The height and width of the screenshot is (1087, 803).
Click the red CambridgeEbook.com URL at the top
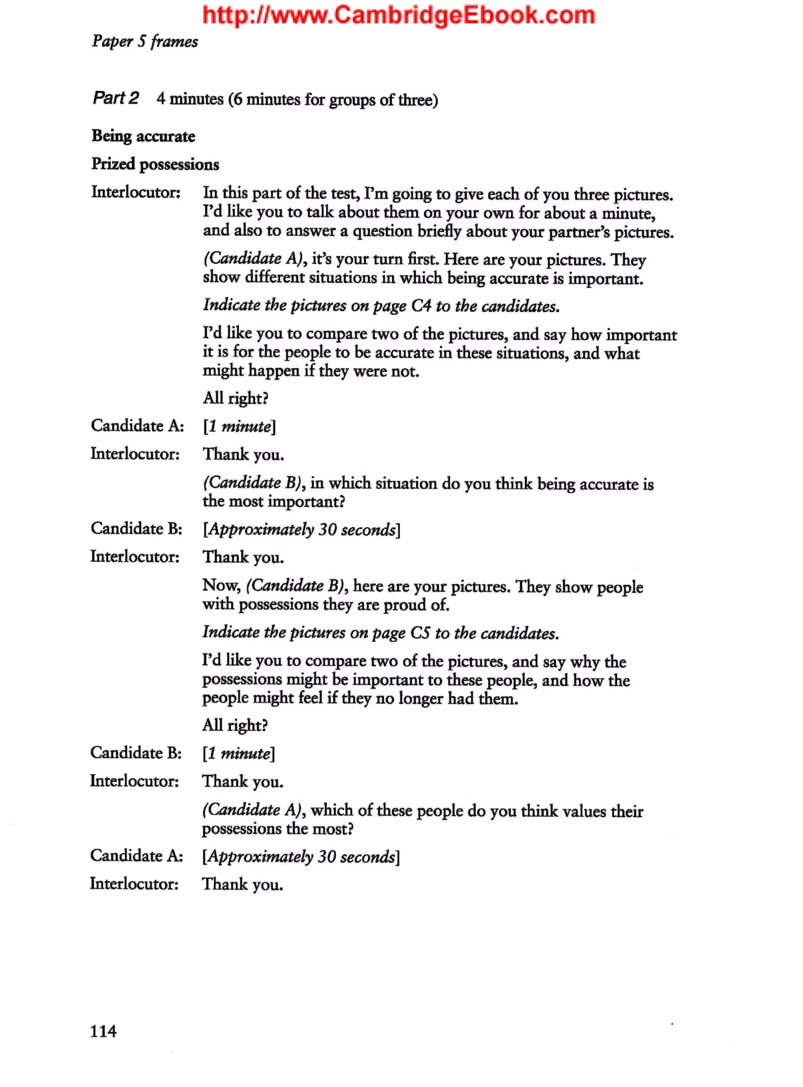tap(399, 16)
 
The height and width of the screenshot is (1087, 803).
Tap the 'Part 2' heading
tap(116, 98)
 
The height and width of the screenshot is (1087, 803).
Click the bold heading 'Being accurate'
tap(144, 136)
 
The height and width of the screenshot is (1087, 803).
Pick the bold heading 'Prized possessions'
tap(155, 164)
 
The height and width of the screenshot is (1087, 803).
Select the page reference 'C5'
tap(420, 633)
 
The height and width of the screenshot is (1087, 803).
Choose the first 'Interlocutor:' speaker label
tap(136, 193)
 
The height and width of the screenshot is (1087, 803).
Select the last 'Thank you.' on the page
tap(243, 884)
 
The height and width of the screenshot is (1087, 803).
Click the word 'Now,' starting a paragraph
tap(221, 585)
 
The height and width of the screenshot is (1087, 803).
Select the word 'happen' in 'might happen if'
tap(274, 371)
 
